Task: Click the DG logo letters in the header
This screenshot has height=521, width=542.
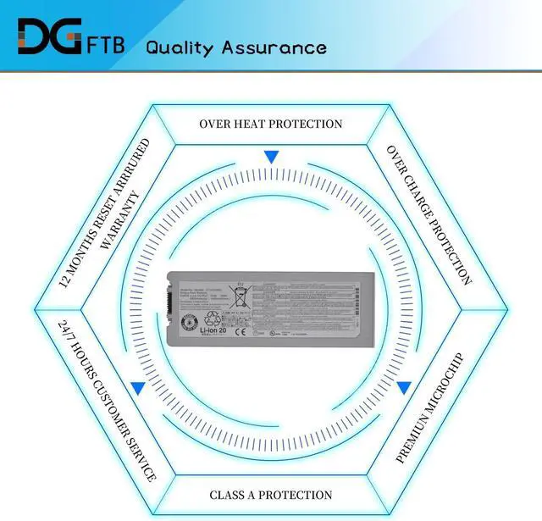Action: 51,36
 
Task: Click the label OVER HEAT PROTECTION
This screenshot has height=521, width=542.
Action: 271,124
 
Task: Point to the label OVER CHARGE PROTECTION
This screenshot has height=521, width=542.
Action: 429,214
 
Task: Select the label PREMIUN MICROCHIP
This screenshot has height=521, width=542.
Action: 430,407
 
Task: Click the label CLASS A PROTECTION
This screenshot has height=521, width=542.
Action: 271,494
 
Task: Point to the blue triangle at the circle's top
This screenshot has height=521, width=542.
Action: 271,157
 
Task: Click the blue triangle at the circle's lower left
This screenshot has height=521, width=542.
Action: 137,387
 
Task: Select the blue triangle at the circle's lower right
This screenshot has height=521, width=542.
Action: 404,387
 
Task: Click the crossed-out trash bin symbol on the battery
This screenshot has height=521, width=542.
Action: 240,298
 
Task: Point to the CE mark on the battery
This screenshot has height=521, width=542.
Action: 238,332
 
